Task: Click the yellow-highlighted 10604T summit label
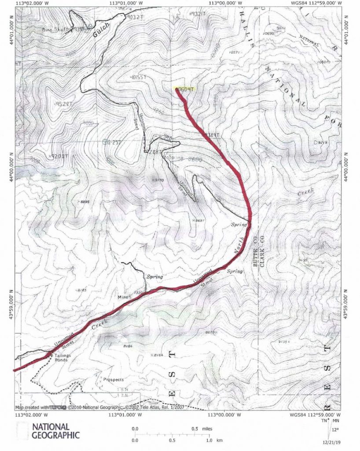tap(184, 89)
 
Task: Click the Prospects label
tap(114, 379)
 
